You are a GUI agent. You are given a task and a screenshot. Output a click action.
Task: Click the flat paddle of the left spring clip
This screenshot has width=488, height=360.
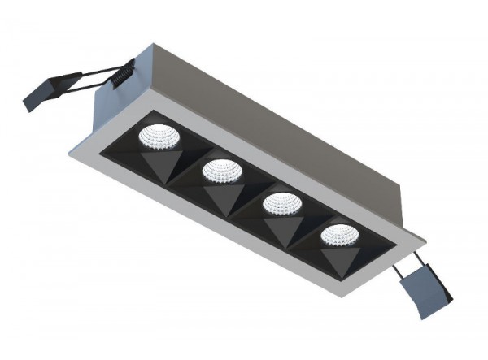pyautogui.click(x=40, y=93)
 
